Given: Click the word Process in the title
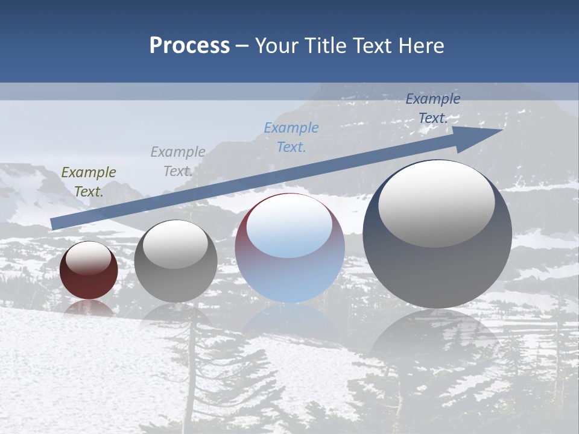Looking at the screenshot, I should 189,46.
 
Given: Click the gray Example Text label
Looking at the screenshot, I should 177,161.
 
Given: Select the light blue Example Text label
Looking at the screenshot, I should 291,137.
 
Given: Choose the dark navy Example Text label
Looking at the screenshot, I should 432,108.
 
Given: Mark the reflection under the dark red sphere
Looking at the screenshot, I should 89,309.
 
